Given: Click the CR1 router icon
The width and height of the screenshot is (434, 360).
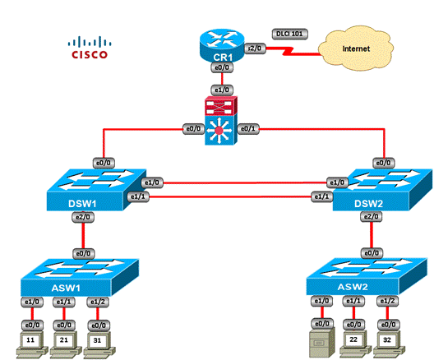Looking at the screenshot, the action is click(x=222, y=45).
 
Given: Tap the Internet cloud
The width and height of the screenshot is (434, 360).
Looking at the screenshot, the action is click(x=356, y=48).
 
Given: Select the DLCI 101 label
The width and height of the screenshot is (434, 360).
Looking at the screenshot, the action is click(x=289, y=34).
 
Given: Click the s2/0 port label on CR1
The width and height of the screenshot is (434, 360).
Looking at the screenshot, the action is click(x=255, y=48).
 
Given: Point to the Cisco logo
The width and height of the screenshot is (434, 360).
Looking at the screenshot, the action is click(x=90, y=48).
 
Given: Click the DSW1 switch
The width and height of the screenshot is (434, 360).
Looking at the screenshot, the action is click(x=97, y=190).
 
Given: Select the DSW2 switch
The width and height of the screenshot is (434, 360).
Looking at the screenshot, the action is click(x=382, y=190).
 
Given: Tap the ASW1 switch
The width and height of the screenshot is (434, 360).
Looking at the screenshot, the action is click(x=80, y=277).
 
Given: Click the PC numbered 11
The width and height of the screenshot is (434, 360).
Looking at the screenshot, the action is click(x=31, y=344).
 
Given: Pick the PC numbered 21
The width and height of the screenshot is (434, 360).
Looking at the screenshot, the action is click(x=65, y=344).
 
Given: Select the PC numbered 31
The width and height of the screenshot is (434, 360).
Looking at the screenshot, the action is click(x=99, y=344).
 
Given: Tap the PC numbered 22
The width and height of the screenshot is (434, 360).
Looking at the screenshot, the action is click(x=355, y=343).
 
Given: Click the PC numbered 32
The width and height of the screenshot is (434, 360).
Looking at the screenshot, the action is click(x=389, y=343).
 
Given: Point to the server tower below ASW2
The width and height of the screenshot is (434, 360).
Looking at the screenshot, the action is click(x=322, y=342).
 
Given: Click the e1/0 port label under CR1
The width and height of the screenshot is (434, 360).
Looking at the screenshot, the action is click(x=222, y=90).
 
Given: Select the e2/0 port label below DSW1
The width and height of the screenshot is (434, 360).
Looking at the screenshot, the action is click(x=83, y=217).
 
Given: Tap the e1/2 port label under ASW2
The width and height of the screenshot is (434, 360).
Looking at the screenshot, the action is click(x=387, y=301).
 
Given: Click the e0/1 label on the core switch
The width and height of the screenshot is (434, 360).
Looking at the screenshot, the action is click(x=248, y=129).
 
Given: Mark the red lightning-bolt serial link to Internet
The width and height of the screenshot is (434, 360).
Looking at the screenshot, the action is click(x=293, y=51).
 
